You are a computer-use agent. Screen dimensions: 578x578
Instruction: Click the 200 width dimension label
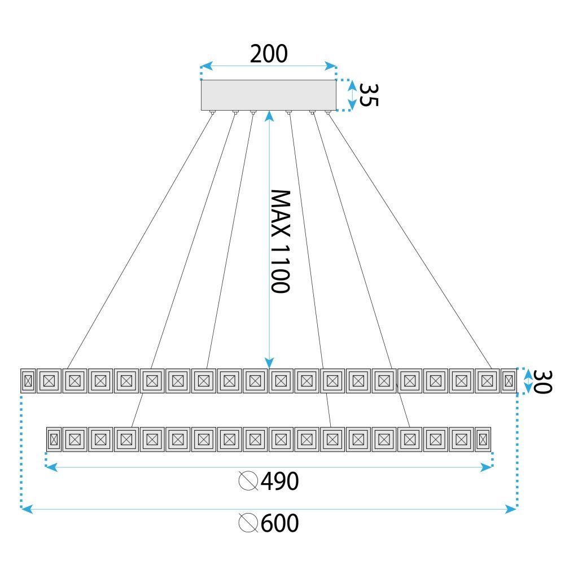[269, 54]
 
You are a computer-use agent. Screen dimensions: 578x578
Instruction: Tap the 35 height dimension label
[369, 94]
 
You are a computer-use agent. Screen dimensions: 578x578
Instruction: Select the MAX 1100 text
[280, 241]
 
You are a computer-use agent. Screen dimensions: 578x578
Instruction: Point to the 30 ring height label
[542, 382]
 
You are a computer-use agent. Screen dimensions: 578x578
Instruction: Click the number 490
[279, 481]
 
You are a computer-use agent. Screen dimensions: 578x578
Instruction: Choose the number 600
[279, 523]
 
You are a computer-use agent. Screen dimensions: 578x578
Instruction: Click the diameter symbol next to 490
[248, 481]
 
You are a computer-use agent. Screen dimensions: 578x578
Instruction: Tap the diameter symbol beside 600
[248, 523]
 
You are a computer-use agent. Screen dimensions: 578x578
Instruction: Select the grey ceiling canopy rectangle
[269, 95]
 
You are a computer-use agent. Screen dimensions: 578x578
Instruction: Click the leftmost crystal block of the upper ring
[28, 381]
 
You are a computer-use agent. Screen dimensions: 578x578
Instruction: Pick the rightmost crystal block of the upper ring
[508, 381]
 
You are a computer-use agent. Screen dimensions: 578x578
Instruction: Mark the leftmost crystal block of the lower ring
[54, 439]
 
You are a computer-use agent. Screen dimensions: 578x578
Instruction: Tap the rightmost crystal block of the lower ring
[482, 439]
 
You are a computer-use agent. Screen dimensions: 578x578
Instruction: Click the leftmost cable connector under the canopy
[213, 112]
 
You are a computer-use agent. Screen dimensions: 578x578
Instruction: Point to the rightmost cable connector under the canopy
[328, 112]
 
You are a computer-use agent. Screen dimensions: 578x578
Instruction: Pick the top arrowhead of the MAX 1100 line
[270, 115]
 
